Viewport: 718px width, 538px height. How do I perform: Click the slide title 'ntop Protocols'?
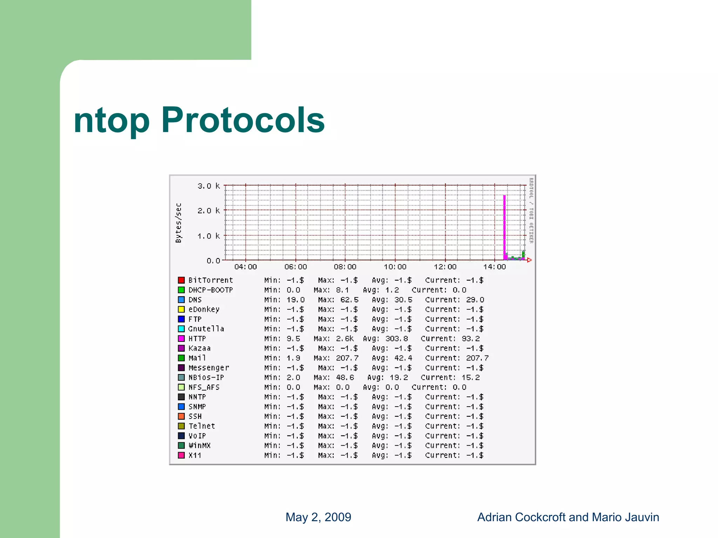pos(199,120)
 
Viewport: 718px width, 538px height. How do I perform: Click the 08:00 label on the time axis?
pos(345,267)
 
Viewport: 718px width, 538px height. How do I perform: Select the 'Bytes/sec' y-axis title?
pos(179,223)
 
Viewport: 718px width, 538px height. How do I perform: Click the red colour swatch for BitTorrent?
pos(181,280)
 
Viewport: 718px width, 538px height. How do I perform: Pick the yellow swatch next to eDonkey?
pos(181,309)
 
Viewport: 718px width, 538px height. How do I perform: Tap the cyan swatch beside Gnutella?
pos(181,329)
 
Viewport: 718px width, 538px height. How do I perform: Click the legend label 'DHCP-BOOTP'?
pos(210,290)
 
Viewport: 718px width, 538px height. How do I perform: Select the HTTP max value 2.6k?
pos(345,339)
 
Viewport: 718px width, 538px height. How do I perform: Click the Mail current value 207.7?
pos(477,358)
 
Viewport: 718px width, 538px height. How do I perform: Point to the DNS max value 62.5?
pos(349,300)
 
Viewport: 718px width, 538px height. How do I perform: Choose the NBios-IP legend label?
pos(206,378)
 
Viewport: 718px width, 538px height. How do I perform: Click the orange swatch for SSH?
pos(181,416)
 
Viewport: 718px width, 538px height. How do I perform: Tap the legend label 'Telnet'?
pos(202,426)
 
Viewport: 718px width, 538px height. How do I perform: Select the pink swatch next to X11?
pos(181,455)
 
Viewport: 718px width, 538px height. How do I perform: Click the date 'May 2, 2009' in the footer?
pos(318,517)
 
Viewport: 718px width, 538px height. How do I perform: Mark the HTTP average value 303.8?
pos(397,339)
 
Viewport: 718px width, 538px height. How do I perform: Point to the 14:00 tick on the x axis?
pos(495,267)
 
